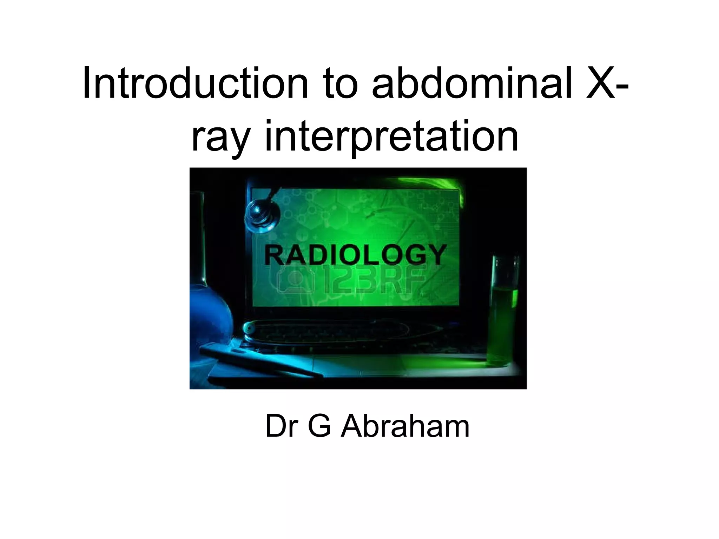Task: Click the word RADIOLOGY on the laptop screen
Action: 355,255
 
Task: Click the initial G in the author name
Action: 319,427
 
